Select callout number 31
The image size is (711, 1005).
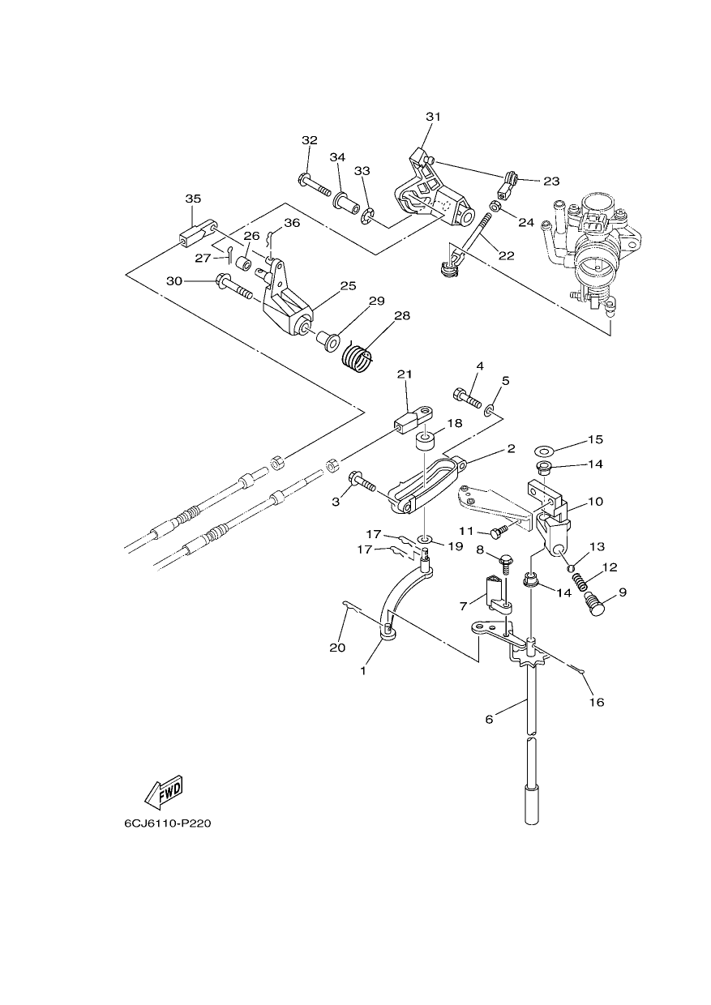click(433, 117)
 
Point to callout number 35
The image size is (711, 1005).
click(193, 199)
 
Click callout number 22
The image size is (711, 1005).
click(506, 255)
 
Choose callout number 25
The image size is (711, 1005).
click(349, 286)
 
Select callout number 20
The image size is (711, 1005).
click(337, 648)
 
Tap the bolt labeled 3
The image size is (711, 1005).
click(362, 485)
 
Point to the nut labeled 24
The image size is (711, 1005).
click(496, 207)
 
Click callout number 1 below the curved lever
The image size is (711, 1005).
click(363, 672)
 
